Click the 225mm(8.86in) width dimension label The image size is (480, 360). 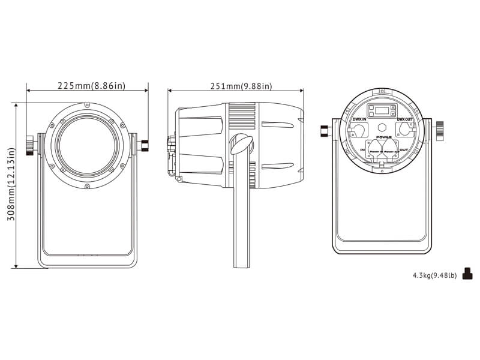point(91,86)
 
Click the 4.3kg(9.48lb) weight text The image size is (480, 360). point(434,275)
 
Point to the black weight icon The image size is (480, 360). point(468,274)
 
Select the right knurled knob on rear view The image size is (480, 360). point(440,128)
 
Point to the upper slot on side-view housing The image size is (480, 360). point(279,124)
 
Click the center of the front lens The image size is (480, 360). point(88,145)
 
